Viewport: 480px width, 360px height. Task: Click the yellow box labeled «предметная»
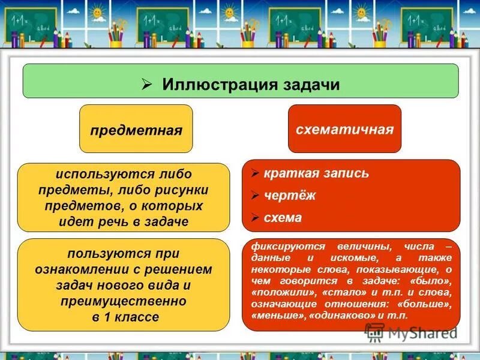point(136,130)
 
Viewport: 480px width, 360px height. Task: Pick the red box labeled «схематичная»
point(344,129)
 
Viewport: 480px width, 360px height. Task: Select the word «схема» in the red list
point(283,218)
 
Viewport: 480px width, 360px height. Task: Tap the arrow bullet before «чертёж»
point(255,196)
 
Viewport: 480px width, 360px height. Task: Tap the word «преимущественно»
point(123,301)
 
